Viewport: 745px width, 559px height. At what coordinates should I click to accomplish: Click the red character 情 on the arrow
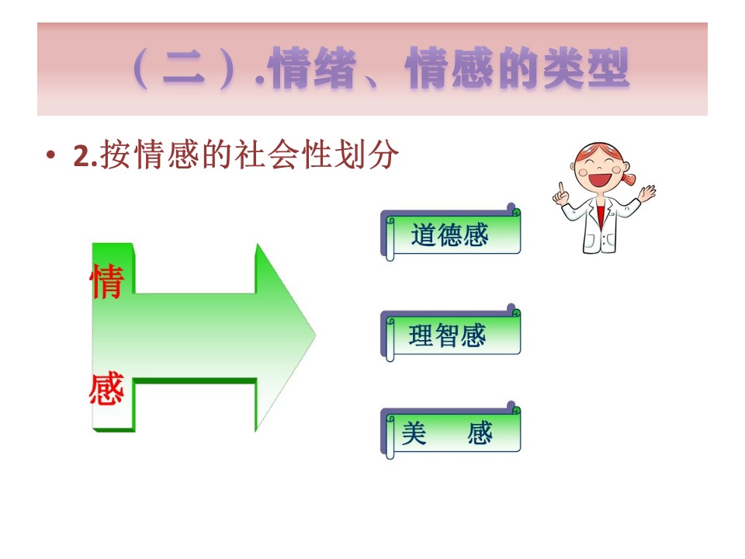pos(107,281)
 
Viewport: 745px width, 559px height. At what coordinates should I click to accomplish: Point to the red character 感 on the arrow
pos(107,388)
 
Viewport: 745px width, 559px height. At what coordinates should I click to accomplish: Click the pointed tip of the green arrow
pos(316,335)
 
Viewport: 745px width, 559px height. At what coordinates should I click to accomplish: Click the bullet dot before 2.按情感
pos(51,155)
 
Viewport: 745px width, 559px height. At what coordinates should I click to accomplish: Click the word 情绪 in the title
pos(312,68)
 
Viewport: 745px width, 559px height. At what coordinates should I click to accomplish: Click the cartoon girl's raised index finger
pos(561,188)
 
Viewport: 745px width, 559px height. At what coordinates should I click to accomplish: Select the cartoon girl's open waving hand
pos(646,193)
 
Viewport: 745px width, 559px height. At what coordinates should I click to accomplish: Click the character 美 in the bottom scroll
pos(414,432)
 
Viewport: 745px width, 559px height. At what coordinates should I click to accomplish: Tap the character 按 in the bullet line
pos(116,155)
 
